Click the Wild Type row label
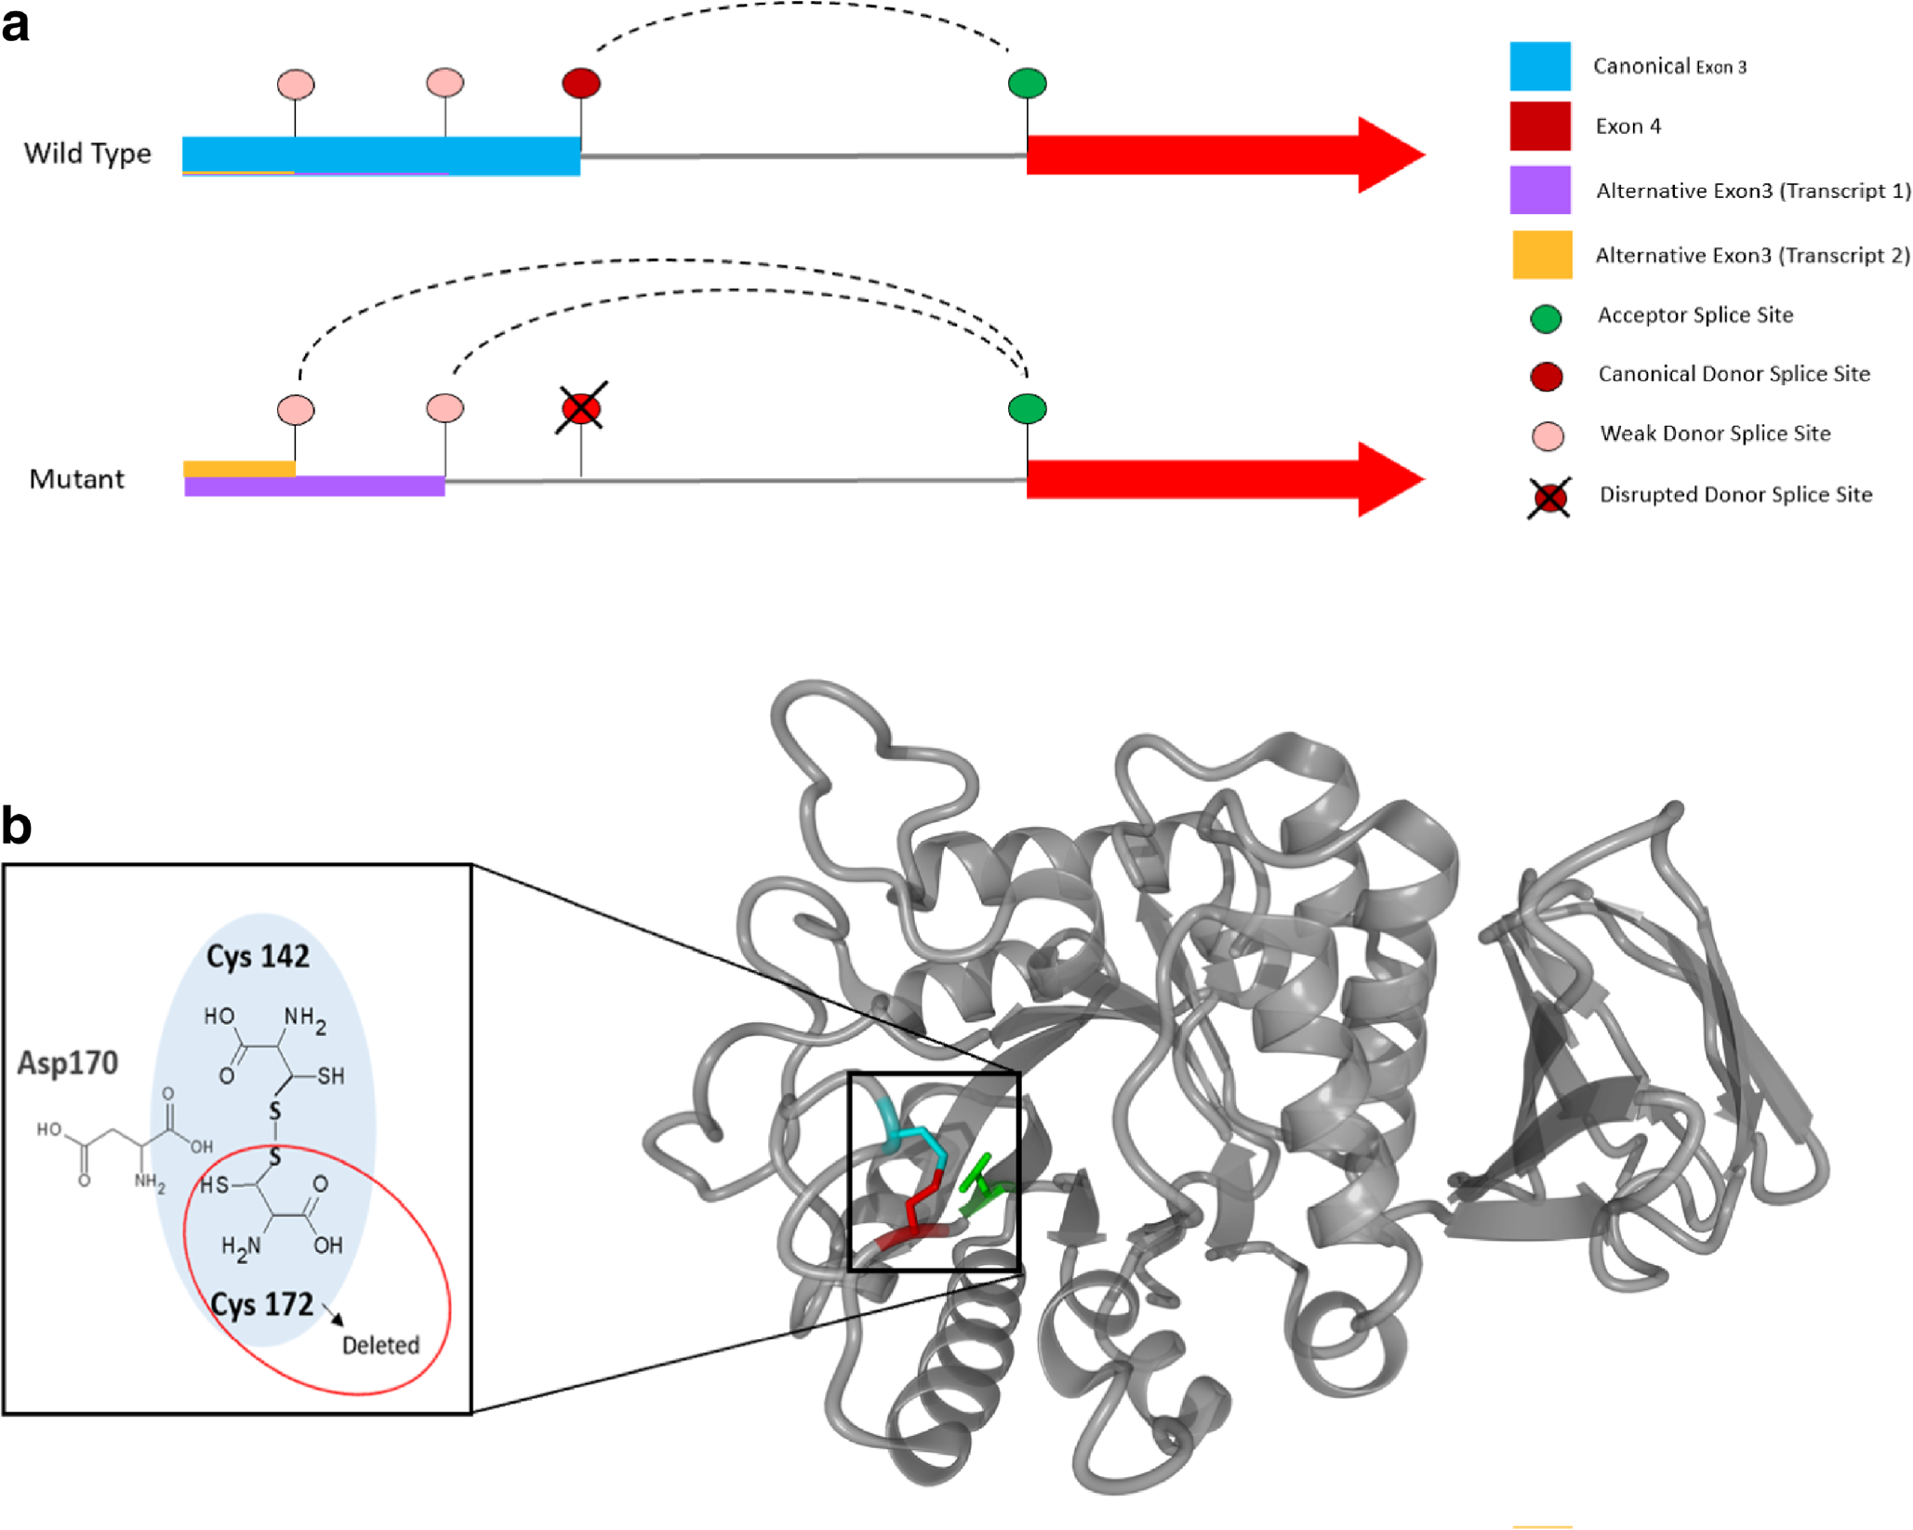pos(87,153)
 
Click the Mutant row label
pos(76,479)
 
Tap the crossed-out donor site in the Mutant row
pos(581,407)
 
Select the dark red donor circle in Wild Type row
pos(581,83)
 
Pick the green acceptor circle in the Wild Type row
pos(1027,83)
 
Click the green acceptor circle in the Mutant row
pos(1027,408)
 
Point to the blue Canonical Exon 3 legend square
pos(1540,66)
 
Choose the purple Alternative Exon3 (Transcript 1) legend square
pos(1540,190)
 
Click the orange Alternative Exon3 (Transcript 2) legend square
pos(1542,255)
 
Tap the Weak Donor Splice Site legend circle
pos(1548,435)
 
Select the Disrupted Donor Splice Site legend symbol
pos(1549,498)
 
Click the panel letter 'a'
pos(16,25)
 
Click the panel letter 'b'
pos(17,826)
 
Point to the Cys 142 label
pos(258,956)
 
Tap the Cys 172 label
pos(261,1305)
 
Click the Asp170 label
pos(68,1063)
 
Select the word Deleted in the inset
pos(380,1345)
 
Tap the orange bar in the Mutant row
pos(239,469)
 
